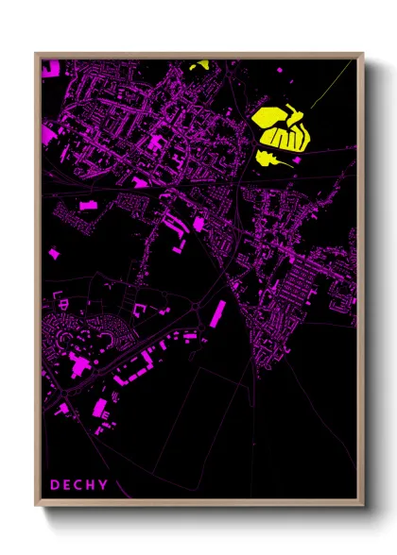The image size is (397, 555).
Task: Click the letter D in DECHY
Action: tap(55, 485)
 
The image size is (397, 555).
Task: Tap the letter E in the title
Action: tap(68, 485)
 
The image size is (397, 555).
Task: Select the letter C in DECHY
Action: tap(80, 485)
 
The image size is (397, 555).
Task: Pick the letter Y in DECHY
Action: tap(105, 485)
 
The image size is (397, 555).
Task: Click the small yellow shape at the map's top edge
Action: tap(199, 66)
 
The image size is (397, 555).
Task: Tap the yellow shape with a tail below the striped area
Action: tap(268, 156)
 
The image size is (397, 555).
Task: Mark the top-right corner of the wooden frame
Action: tap(363, 54)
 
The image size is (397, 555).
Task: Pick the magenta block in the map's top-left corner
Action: tap(49, 67)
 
